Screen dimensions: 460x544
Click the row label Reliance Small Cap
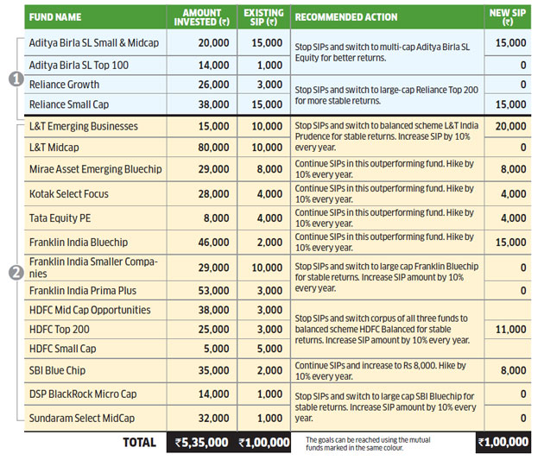[72, 104]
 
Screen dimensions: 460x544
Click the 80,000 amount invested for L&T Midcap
[202, 148]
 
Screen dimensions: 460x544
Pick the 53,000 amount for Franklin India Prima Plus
[202, 291]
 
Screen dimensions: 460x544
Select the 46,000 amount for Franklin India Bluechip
[202, 243]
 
